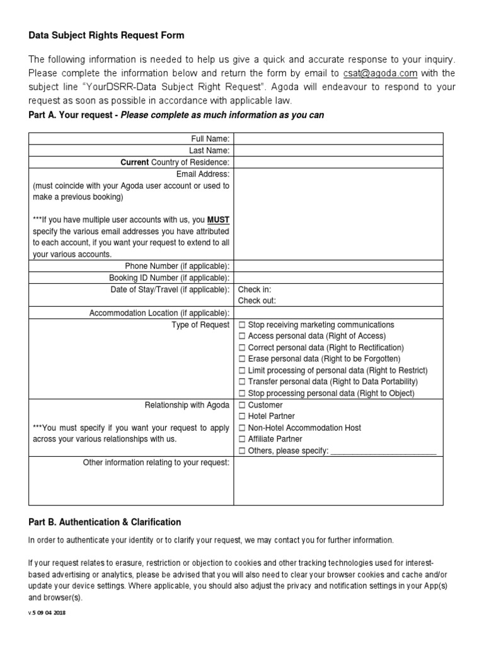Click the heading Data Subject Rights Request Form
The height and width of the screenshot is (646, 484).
click(x=107, y=36)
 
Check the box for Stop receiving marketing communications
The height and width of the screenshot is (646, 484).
click(x=242, y=325)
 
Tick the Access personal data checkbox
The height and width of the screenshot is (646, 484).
click(x=242, y=336)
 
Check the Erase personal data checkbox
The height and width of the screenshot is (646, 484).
click(x=242, y=359)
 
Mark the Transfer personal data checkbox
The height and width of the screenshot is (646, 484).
click(x=242, y=382)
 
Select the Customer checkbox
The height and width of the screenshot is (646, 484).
click(x=242, y=405)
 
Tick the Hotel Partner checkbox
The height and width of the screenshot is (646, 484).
click(x=242, y=416)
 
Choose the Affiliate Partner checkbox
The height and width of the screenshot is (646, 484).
click(x=242, y=439)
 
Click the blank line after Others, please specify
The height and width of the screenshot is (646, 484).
click(x=383, y=450)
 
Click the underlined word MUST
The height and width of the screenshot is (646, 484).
click(x=218, y=220)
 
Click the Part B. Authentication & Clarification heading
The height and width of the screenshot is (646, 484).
click(x=105, y=522)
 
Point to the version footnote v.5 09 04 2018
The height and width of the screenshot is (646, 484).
click(x=47, y=613)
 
